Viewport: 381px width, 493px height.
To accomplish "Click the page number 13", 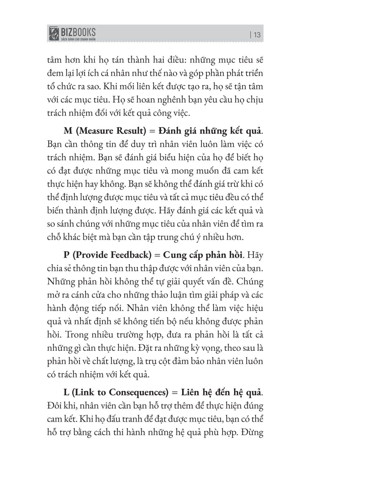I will [257, 35].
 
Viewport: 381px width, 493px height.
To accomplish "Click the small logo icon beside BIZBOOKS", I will [54, 33].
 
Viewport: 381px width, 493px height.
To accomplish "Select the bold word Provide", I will [91, 255].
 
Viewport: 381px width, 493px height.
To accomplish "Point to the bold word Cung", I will [175, 255].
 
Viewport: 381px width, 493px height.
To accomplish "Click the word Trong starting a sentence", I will [78, 335].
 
